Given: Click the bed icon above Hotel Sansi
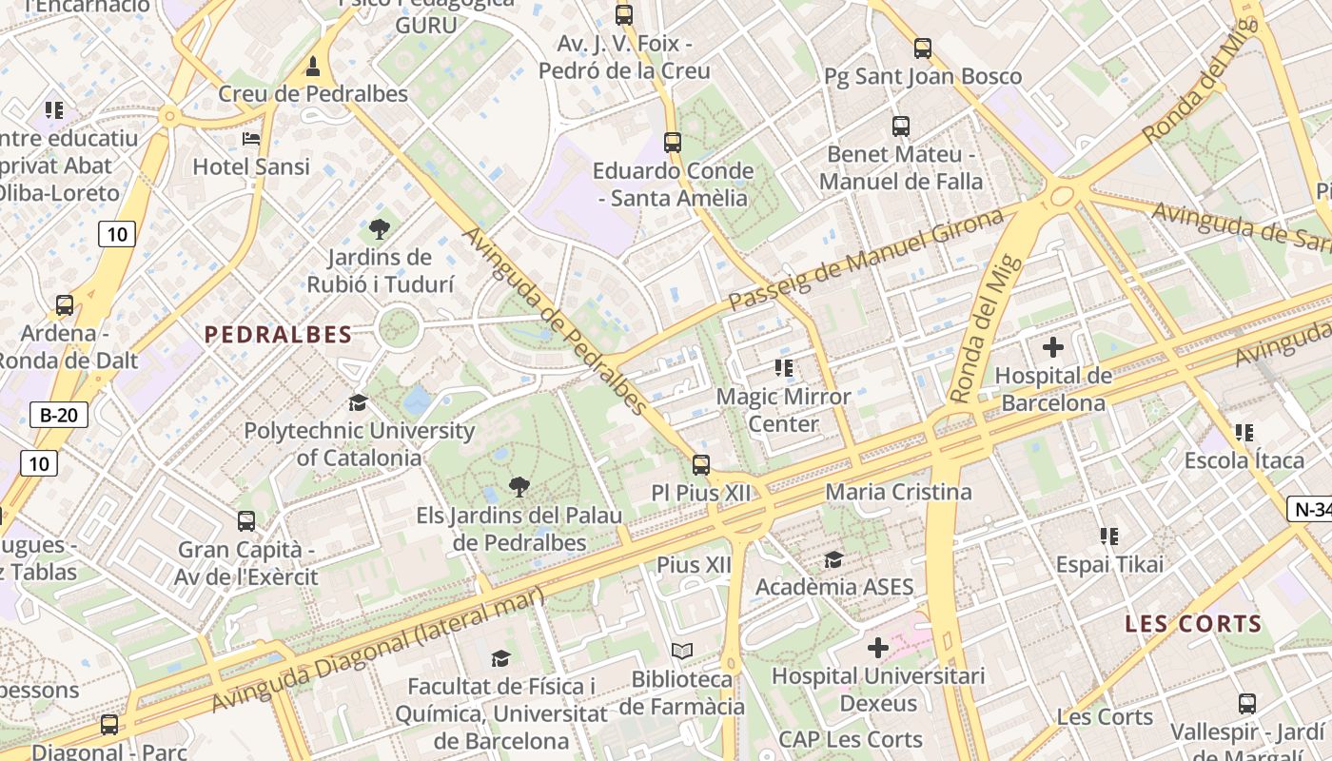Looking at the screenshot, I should (x=251, y=139).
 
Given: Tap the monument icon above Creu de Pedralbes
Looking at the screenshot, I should (x=312, y=67).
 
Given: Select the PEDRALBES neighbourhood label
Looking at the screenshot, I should (x=278, y=335).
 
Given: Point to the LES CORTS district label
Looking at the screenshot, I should (x=1193, y=625).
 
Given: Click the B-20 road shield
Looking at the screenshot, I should (x=59, y=415).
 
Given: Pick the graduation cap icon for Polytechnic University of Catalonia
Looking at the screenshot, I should (x=358, y=403).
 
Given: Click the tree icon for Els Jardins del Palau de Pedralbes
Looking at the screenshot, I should (x=519, y=488).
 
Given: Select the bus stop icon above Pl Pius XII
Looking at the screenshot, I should (x=701, y=465).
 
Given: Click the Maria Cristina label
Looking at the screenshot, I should (x=899, y=492).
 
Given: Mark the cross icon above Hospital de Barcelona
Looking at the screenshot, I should (x=1053, y=348).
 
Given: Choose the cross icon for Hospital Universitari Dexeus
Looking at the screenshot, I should (x=877, y=649).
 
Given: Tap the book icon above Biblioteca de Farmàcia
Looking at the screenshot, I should (x=682, y=652).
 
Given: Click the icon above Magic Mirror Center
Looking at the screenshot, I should (x=784, y=368).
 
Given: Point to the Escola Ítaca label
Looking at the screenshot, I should (x=1244, y=460).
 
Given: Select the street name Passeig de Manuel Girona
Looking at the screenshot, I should (x=866, y=259).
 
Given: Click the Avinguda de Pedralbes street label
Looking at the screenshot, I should (x=556, y=322).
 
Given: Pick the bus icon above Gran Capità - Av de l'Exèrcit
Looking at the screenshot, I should (x=246, y=521).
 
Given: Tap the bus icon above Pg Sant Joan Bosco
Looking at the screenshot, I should (x=922, y=49).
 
